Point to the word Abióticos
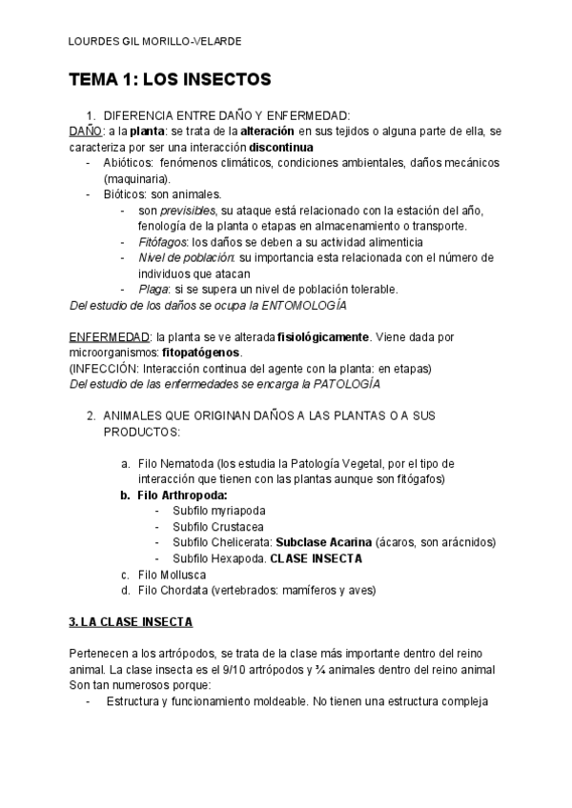(x=128, y=163)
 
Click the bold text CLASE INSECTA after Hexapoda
(x=316, y=558)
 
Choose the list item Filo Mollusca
(x=171, y=574)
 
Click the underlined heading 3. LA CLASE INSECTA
(x=131, y=622)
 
